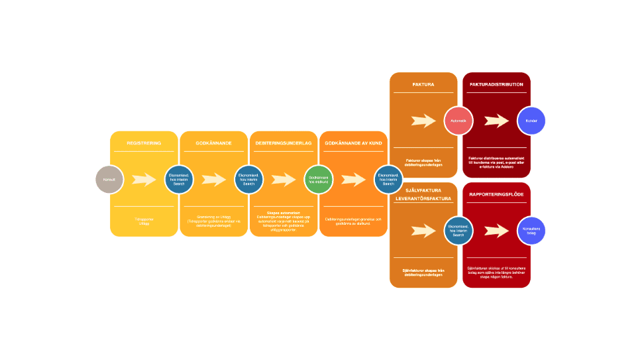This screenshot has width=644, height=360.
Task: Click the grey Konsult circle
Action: click(x=109, y=180)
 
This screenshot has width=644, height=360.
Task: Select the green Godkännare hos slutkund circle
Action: click(x=318, y=180)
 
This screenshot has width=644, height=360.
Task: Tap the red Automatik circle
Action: click(x=458, y=121)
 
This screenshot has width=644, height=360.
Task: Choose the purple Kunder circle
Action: click(x=531, y=121)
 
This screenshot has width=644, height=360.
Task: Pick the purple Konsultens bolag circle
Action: click(x=531, y=231)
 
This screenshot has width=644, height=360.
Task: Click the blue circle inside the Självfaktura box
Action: click(x=458, y=231)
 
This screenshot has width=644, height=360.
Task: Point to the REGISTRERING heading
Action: click(x=144, y=143)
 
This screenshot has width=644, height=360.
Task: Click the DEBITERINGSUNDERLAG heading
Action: click(x=284, y=143)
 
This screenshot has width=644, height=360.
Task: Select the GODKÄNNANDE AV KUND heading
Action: click(x=353, y=143)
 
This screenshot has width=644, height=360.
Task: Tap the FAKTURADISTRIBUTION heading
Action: click(x=496, y=84)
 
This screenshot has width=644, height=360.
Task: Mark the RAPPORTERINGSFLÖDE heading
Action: click(x=496, y=194)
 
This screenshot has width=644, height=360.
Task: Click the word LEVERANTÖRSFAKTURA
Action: click(x=423, y=199)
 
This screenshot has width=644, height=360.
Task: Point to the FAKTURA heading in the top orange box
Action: click(x=423, y=84)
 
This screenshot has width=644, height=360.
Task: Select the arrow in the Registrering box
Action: click(x=144, y=180)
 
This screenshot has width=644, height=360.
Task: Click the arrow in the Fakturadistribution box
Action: click(x=496, y=121)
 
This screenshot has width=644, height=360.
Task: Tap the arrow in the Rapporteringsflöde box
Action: click(x=496, y=231)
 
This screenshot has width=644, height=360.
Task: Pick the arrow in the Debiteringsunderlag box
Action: click(x=284, y=180)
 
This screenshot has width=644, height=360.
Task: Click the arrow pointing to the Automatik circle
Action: click(x=423, y=121)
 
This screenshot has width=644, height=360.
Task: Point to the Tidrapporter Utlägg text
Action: click(x=144, y=222)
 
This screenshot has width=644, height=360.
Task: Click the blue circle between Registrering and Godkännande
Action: click(x=179, y=180)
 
